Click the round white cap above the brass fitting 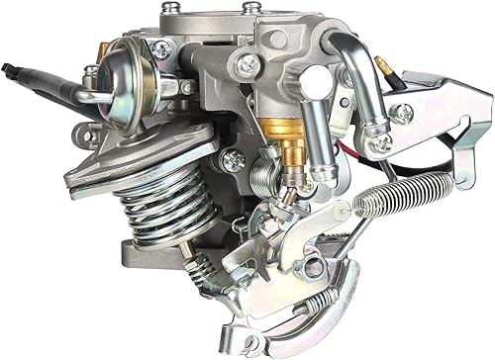pos(320,79)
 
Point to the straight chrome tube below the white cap pos(309,129)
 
